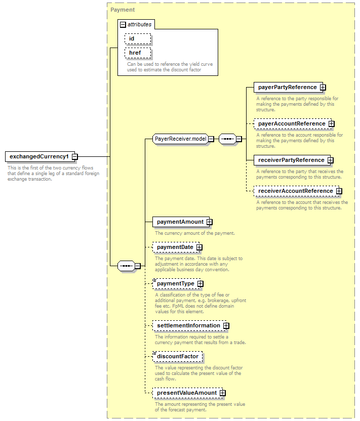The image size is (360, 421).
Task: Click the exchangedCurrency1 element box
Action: tap(40, 156)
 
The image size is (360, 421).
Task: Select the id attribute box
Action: tap(138, 38)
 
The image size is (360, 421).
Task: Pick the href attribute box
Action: tap(138, 53)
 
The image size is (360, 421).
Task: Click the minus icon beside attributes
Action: tap(123, 25)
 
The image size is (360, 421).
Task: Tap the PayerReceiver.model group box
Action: tap(181, 139)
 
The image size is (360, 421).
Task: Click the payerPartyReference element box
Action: tap(288, 87)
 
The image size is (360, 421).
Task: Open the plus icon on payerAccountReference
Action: tap(332, 124)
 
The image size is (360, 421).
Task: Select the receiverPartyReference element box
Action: tap(292, 160)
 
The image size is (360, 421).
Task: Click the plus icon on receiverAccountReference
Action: tap(339, 191)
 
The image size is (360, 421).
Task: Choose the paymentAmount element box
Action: tap(181, 222)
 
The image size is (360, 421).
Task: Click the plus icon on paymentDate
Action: tap(199, 247)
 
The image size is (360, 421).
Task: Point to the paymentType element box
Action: tap(176, 283)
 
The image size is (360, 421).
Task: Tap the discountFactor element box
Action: tap(177, 357)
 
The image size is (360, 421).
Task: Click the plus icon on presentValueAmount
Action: tap(222, 393)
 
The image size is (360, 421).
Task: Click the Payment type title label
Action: tap(123, 10)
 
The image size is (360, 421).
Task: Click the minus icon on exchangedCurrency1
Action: tap(75, 156)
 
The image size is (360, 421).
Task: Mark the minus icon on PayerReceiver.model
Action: tap(211, 139)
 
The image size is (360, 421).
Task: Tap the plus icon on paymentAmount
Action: tap(209, 222)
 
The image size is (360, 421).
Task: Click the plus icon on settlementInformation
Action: tap(226, 326)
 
